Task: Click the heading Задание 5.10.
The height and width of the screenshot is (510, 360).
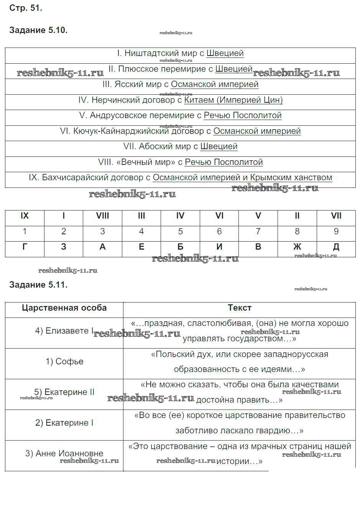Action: click(x=38, y=30)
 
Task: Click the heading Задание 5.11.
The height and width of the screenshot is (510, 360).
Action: click(x=38, y=285)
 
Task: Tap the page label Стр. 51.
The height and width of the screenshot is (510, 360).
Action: click(x=26, y=8)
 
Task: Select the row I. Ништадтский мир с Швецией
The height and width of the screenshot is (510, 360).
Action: click(x=180, y=53)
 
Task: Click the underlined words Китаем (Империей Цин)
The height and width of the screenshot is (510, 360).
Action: click(x=233, y=100)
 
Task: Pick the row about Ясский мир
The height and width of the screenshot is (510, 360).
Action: click(x=180, y=84)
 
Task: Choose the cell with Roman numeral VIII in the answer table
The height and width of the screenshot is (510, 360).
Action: click(x=102, y=216)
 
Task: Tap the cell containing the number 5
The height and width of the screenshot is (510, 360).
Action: click(x=180, y=232)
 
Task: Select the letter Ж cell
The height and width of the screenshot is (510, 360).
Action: click(x=297, y=247)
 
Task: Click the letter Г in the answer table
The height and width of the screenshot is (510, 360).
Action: click(x=25, y=247)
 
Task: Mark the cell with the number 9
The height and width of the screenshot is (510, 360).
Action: click(x=336, y=232)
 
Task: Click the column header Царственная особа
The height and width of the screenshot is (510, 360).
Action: click(x=64, y=308)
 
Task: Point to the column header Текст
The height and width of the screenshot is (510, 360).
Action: click(x=240, y=308)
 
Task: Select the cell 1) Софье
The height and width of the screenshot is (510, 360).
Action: click(x=64, y=362)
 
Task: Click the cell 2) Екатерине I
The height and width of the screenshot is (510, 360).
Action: click(x=64, y=423)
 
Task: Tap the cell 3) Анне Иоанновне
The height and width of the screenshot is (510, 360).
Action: click(x=64, y=454)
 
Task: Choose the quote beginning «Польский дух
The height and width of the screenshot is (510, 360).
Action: click(x=240, y=354)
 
